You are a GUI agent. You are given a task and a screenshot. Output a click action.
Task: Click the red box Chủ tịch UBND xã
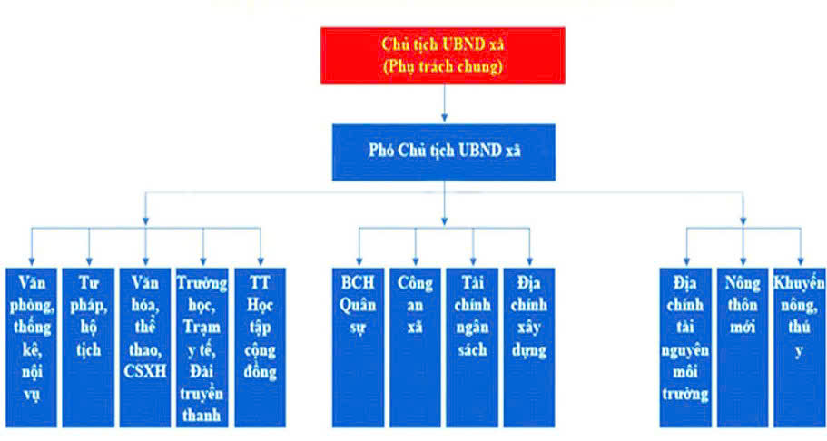pos(443,55)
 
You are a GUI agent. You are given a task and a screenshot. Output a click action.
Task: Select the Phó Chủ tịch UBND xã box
pos(443,149)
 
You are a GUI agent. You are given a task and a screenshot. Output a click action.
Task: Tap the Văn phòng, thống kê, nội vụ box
pos(32,346)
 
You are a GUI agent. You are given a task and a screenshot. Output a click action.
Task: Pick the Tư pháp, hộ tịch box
pos(89,346)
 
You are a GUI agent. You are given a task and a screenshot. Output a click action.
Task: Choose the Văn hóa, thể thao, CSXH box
pos(145,346)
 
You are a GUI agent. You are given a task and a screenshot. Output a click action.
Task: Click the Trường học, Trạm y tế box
pos(202,346)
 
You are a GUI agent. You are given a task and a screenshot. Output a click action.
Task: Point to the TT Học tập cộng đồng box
pos(261,346)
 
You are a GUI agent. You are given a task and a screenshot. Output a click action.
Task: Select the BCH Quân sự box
pos(358,346)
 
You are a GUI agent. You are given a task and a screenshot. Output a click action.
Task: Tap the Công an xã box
pos(416,346)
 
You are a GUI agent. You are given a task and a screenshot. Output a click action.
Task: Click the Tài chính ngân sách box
pos(473,346)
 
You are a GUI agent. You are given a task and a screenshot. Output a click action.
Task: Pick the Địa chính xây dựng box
pos(529,346)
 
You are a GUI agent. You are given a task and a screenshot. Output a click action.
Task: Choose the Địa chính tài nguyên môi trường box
pos(686,346)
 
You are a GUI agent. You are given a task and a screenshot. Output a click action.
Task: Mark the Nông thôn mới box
pos(743,346)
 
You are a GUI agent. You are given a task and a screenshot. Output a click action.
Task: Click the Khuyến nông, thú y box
pos(800,346)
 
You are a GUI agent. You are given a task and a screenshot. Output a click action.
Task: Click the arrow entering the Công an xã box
pos(416,247)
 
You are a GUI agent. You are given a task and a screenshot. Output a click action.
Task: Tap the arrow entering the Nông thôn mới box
pos(743,247)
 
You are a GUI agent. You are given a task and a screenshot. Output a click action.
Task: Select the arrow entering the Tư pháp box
pos(89,247)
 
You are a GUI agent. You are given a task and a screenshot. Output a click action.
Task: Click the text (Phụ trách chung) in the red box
pos(443,66)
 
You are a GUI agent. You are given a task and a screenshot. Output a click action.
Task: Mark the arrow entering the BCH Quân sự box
pos(358,247)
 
